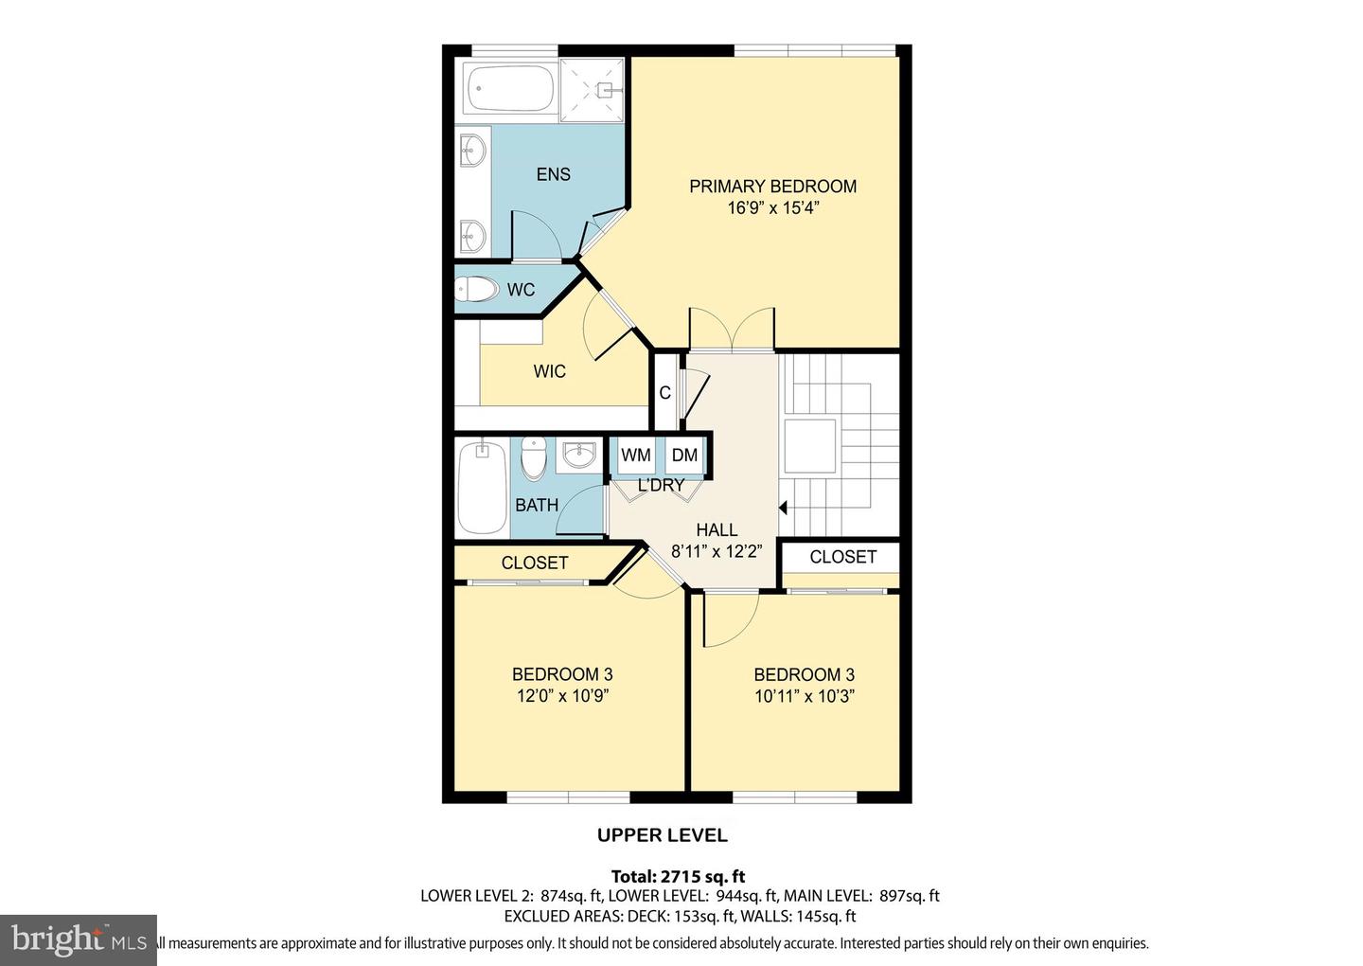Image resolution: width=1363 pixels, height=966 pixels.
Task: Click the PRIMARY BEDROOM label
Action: coord(772,187)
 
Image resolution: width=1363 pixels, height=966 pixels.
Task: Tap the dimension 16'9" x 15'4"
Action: coord(772,208)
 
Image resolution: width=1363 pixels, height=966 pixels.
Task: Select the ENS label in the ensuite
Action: coord(553,174)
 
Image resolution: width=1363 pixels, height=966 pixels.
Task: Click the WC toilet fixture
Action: coord(476,290)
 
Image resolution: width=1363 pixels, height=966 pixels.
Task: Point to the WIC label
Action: coord(549,371)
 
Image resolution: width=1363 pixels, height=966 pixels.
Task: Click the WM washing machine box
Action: coord(636,456)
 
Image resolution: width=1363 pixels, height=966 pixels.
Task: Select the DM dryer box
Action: coord(684,456)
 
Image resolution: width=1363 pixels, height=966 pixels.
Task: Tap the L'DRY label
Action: coord(661,486)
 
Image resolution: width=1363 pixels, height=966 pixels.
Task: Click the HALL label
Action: coord(717,529)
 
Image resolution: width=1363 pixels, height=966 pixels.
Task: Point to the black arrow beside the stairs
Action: coord(783,509)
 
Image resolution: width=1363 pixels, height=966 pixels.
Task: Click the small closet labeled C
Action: coord(664,392)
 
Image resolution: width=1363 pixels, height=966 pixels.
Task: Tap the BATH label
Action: coord(537,506)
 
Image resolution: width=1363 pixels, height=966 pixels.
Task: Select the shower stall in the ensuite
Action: coord(593,90)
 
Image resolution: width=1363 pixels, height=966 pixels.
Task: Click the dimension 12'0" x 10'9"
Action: coord(562,696)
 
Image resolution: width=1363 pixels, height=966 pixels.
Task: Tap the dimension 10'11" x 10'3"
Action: coord(804,696)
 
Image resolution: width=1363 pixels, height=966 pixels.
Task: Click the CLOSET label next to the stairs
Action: coord(842,557)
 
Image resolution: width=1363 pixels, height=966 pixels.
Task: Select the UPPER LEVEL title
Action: coord(662,835)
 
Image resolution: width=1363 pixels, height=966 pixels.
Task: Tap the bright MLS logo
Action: coord(78,939)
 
